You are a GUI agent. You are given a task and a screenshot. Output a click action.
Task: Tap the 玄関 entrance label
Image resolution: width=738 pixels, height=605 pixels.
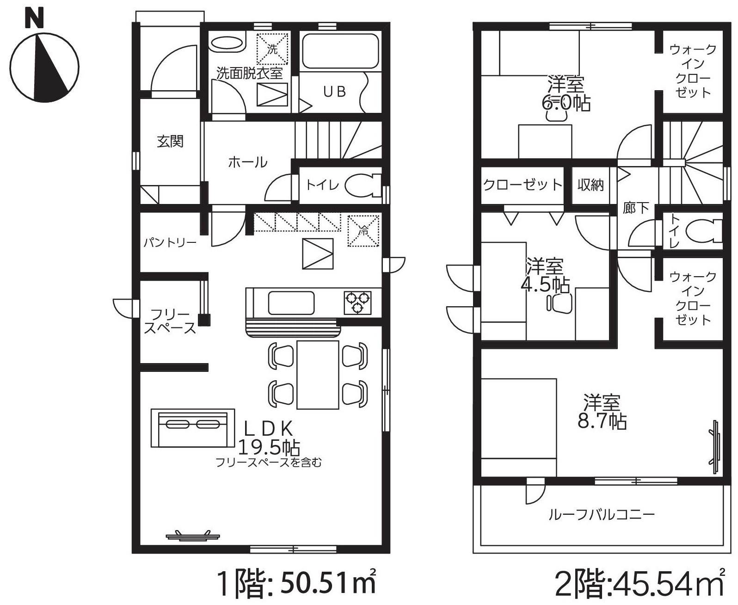[170, 142]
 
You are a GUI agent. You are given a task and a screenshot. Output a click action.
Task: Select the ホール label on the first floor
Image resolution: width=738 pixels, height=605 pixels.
[247, 162]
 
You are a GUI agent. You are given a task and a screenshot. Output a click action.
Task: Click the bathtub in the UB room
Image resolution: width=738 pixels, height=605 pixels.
[340, 51]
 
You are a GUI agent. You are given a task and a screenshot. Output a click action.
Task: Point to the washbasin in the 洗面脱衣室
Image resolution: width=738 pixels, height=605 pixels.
[227, 44]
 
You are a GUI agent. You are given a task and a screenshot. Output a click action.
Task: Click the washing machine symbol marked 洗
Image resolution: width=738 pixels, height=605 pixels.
[272, 49]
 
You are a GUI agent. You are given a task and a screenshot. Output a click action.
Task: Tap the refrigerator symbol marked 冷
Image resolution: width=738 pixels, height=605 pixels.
[363, 231]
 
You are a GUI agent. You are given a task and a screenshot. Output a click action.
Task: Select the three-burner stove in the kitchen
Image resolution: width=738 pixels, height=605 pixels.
[357, 302]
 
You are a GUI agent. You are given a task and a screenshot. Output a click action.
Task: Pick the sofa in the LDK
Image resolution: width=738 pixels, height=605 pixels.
[193, 428]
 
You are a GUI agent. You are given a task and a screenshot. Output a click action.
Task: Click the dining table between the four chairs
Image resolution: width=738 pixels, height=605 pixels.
[318, 375]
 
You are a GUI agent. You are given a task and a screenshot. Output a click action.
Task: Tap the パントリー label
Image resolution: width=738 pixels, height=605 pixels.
[171, 242]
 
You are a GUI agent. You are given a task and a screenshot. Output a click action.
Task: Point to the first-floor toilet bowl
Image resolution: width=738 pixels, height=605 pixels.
[363, 185]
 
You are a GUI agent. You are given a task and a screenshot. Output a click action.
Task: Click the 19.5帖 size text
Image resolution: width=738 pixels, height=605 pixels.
[269, 447]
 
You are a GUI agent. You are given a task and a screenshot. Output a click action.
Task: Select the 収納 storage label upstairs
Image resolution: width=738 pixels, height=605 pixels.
[590, 185]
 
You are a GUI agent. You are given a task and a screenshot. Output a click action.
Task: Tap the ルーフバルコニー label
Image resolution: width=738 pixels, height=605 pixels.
[601, 514]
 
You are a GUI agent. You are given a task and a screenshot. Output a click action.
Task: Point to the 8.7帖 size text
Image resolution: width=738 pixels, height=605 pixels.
[602, 421]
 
